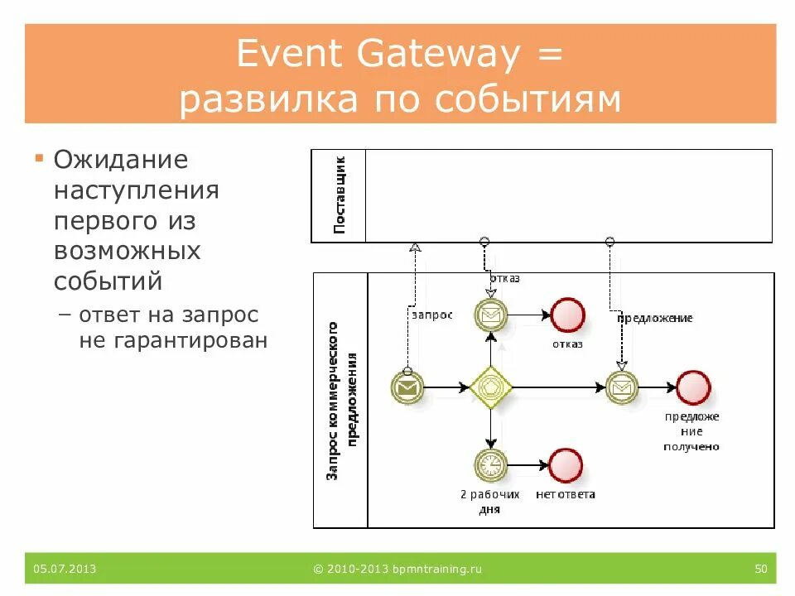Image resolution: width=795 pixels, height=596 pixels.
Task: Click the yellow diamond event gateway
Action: (491, 387)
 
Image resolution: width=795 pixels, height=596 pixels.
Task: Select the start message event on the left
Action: (407, 387)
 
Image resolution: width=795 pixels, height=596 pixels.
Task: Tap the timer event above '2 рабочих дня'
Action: (491, 465)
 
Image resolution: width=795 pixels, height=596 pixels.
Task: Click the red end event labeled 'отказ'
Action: (568, 315)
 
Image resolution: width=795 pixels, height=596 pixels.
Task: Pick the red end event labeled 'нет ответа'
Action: (566, 465)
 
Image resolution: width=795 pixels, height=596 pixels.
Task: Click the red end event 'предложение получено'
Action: (693, 387)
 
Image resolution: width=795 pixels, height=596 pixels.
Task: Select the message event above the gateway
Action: (491, 315)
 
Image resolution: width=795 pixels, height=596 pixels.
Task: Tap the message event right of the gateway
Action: (622, 387)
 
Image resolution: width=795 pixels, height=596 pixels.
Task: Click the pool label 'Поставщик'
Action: (339, 195)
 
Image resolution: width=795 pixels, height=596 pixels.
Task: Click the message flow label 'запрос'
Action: (431, 315)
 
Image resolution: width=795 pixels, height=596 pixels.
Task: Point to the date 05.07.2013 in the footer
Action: (65, 569)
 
